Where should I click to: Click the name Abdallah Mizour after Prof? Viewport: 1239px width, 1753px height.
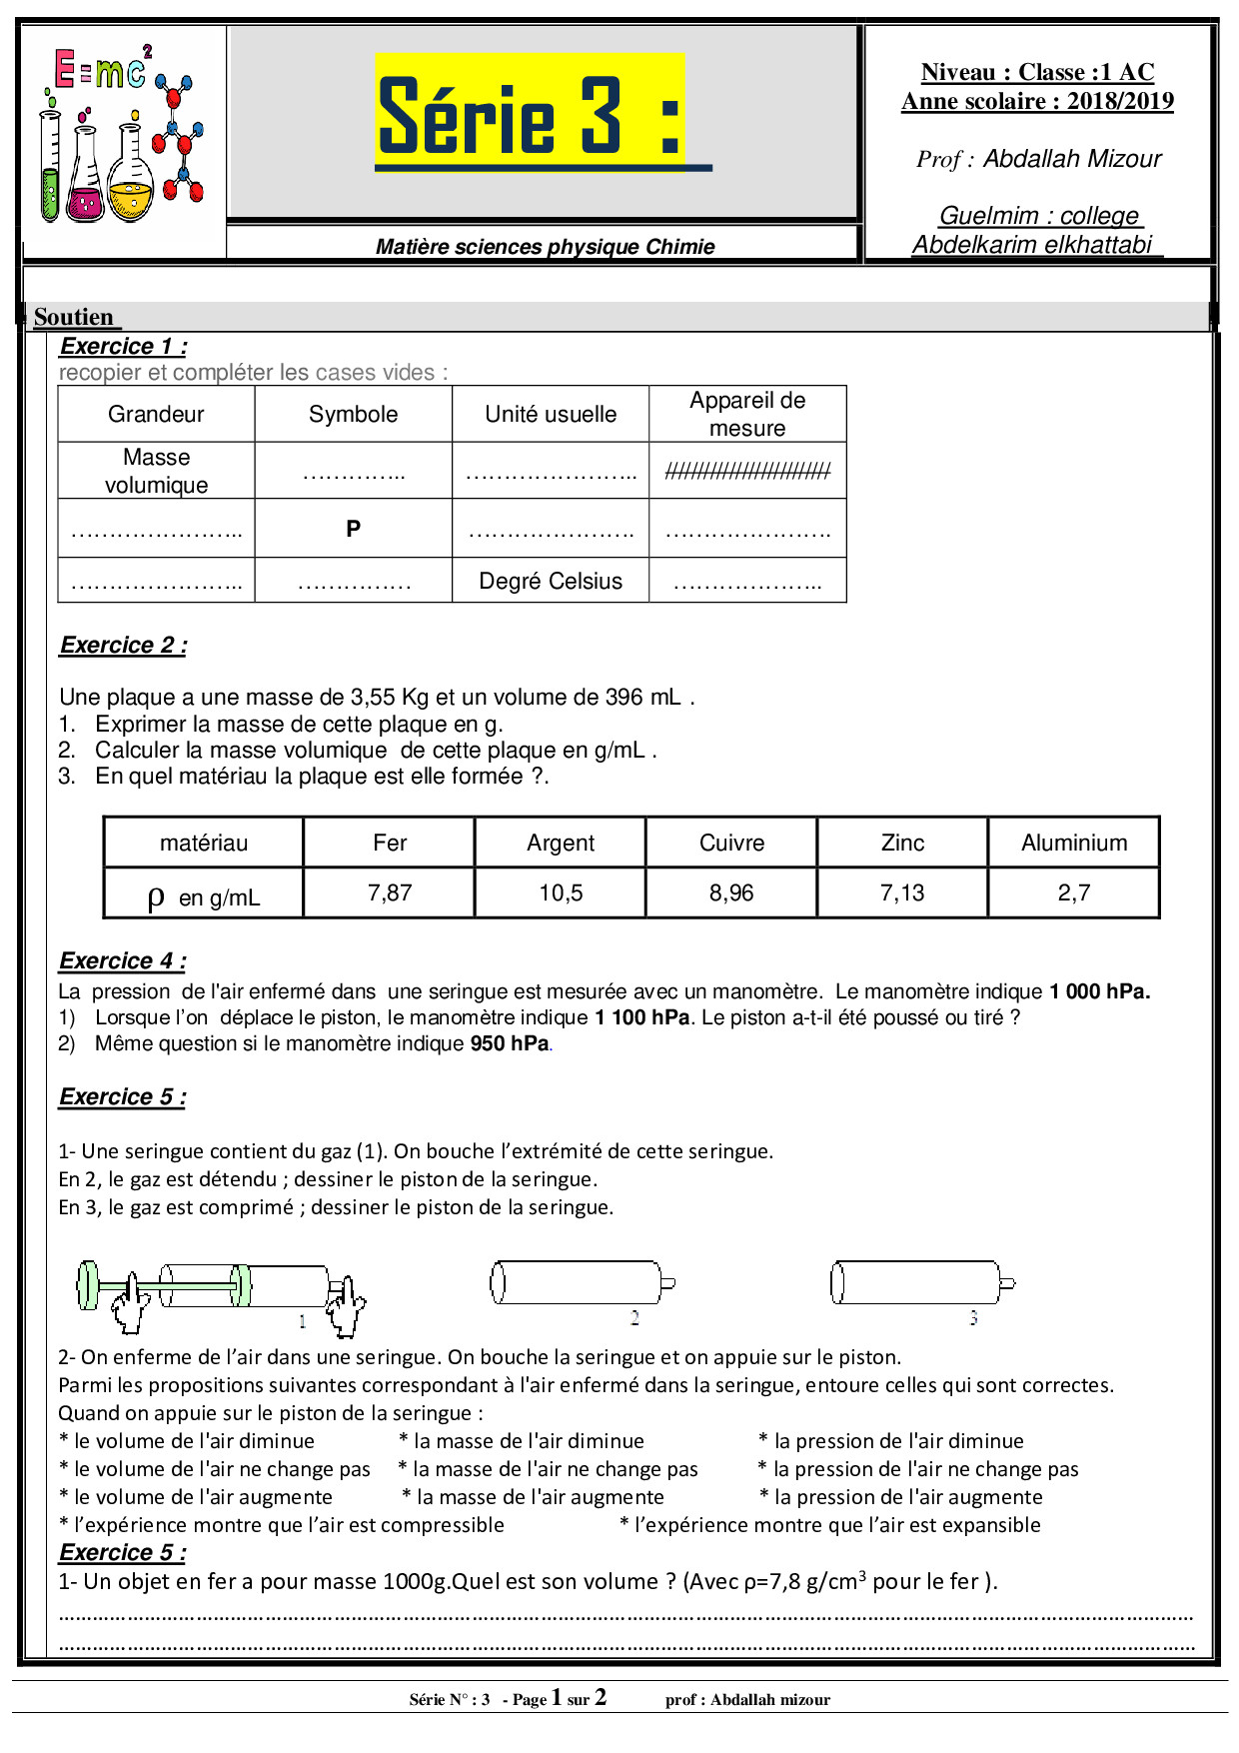(1071, 159)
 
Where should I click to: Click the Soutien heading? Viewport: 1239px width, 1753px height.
(74, 317)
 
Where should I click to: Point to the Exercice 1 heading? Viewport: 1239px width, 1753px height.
(123, 347)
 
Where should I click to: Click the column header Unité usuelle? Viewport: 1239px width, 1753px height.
(551, 414)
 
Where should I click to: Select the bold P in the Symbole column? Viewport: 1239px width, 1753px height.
(353, 529)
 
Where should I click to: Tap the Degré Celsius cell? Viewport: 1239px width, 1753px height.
(551, 581)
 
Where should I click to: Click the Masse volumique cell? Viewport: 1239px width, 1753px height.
(156, 471)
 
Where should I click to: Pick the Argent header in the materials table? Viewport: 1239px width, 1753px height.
(561, 843)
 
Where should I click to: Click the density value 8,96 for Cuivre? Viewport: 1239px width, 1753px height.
(731, 892)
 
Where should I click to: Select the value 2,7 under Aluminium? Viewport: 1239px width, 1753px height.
(1074, 892)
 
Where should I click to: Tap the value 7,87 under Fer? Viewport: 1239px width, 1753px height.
(390, 892)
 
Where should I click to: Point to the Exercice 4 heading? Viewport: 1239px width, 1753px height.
(123, 961)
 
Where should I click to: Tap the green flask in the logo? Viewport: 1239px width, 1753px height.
(50, 170)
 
